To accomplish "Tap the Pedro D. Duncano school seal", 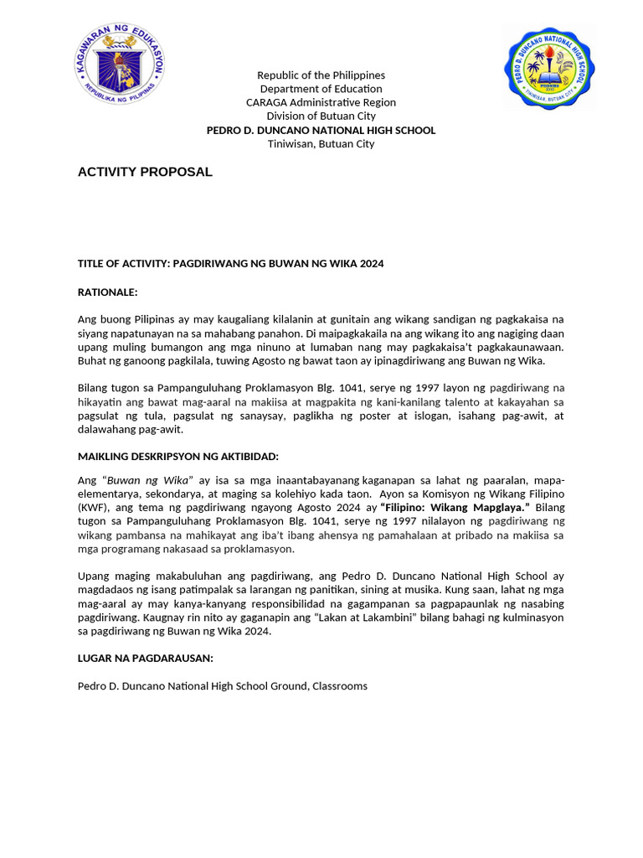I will point(549,68).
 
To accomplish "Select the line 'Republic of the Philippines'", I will point(321,75).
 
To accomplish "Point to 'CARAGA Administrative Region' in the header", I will point(321,102).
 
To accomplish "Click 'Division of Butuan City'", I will point(321,116).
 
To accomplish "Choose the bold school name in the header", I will point(321,130).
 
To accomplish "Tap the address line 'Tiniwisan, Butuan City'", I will point(321,143).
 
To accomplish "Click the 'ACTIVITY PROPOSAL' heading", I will point(145,172).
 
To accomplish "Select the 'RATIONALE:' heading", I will point(107,292).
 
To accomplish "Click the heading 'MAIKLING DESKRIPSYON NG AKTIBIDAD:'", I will point(177,456).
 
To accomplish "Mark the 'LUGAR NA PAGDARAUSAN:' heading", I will point(145,659).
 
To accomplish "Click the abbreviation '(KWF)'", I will point(93,508).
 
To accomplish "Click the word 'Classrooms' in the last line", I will point(340,686).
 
